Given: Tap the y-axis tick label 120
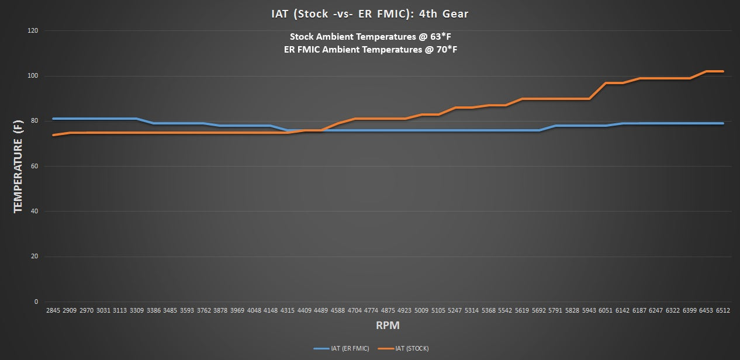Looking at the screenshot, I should (x=33, y=30).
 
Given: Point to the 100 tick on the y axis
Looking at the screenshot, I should (x=33, y=76).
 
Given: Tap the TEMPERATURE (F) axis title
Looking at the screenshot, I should (x=18, y=165).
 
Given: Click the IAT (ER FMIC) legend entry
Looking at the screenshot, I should (x=341, y=349).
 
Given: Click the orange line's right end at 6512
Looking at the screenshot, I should (x=723, y=71).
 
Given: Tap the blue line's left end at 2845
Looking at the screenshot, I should (x=53, y=119).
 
